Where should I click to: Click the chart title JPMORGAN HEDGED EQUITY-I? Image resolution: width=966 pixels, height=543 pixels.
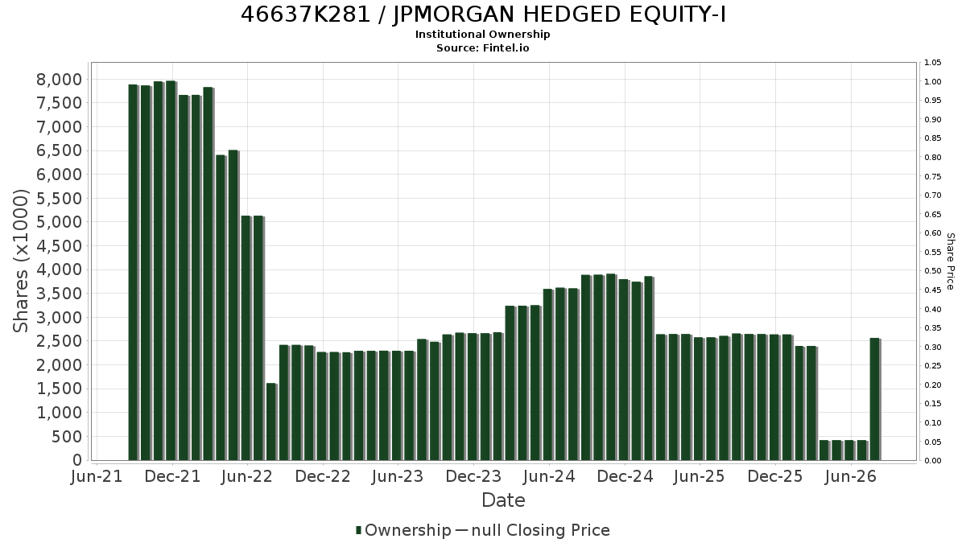pyautogui.click(x=559, y=14)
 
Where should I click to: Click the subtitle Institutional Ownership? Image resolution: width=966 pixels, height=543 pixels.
pyautogui.click(x=482, y=35)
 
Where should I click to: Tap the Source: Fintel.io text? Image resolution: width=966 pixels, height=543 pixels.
pyautogui.click(x=482, y=47)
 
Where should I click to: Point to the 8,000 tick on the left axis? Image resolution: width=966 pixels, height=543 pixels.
pyautogui.click(x=60, y=80)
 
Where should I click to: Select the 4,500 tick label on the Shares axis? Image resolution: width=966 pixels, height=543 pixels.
pyautogui.click(x=60, y=246)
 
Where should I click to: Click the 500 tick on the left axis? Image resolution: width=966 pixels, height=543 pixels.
pyautogui.click(x=67, y=437)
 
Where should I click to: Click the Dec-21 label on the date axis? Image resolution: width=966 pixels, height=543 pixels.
pyautogui.click(x=172, y=476)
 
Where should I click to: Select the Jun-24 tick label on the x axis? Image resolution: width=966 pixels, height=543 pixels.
pyautogui.click(x=549, y=476)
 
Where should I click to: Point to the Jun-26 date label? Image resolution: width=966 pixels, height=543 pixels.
pyautogui.click(x=850, y=476)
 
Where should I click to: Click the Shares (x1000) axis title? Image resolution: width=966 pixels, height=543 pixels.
pyautogui.click(x=20, y=261)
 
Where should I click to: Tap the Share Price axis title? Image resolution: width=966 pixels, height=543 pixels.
pyautogui.click(x=950, y=261)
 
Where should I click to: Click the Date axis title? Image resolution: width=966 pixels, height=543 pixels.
pyautogui.click(x=503, y=500)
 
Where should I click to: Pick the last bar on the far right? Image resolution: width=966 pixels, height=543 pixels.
pyautogui.click(x=876, y=399)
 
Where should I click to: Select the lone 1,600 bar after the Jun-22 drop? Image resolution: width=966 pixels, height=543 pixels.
pyautogui.click(x=272, y=422)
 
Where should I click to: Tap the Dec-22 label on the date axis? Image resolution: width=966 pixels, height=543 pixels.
pyautogui.click(x=323, y=476)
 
